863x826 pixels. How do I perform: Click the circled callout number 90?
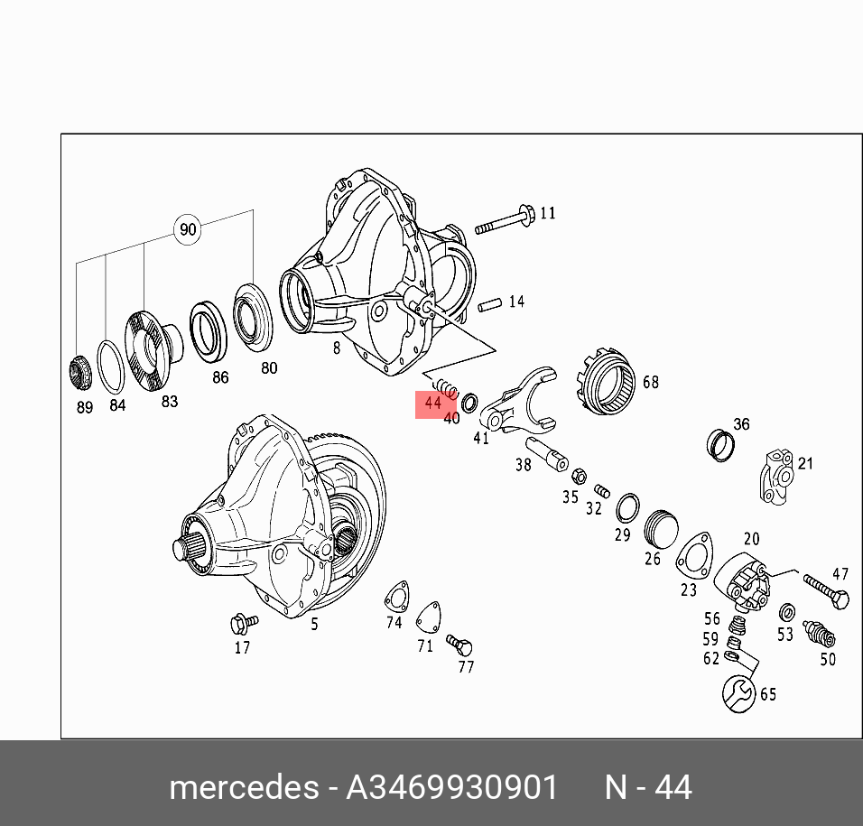click(188, 229)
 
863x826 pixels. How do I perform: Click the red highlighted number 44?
click(433, 404)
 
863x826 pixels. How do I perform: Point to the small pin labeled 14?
click(490, 304)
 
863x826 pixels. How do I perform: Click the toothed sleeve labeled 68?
click(606, 381)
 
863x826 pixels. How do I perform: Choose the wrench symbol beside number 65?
click(738, 694)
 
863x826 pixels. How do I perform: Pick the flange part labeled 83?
click(152, 350)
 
